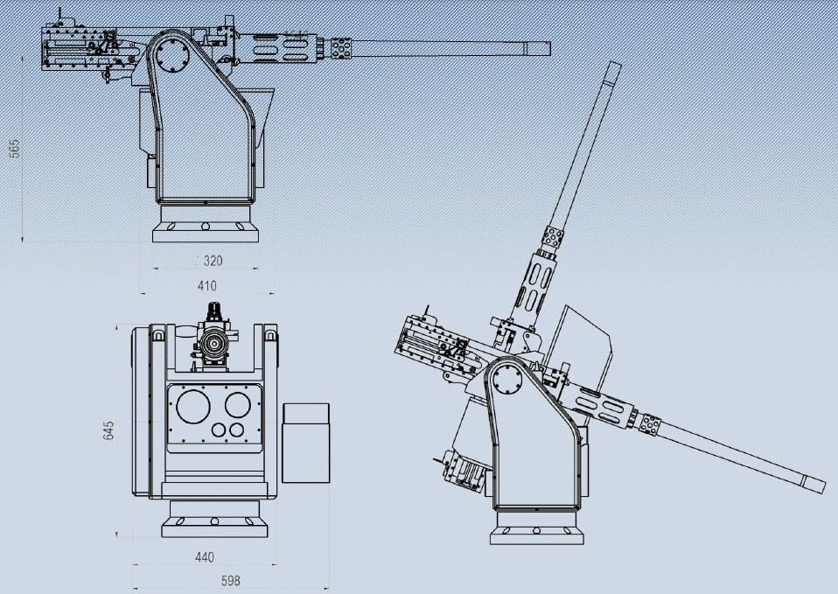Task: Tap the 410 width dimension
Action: coord(206,286)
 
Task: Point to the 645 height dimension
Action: coord(109,431)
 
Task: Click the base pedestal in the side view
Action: coord(206,229)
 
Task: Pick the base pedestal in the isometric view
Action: coord(536,528)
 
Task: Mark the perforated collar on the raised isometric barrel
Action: coord(553,236)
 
